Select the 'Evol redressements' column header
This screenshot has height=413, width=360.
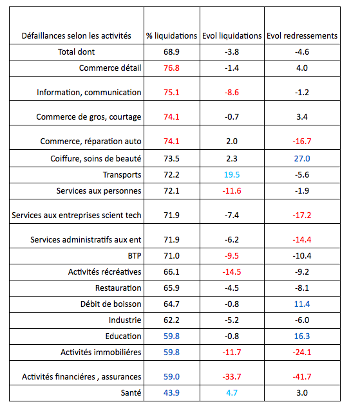tap(302, 36)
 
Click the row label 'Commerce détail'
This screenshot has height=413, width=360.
tap(110, 68)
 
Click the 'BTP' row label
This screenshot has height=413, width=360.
tap(133, 255)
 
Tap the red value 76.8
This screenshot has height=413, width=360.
tap(171, 68)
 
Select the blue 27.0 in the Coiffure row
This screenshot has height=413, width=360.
tap(302, 158)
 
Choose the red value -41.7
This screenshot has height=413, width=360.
tap(302, 376)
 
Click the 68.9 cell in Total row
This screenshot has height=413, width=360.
tap(171, 51)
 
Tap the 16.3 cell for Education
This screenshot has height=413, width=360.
tap(302, 336)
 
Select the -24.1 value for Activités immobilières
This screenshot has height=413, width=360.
tap(302, 352)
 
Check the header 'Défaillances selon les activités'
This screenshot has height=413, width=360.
tap(77, 36)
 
